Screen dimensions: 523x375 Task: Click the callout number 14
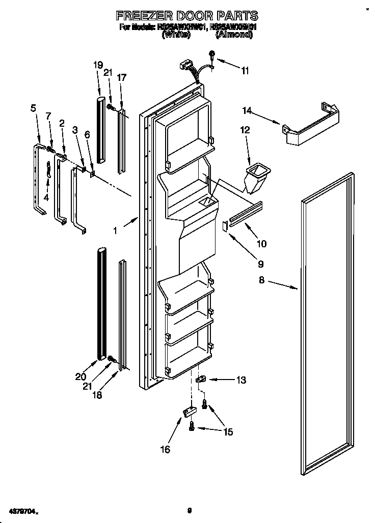pyautogui.click(x=247, y=110)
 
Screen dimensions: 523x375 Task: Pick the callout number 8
pyautogui.click(x=261, y=279)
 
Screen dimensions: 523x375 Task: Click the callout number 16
pyautogui.click(x=165, y=449)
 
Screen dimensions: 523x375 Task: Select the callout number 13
pyautogui.click(x=241, y=380)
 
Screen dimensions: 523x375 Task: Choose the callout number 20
pyautogui.click(x=81, y=377)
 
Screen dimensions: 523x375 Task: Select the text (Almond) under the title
pyautogui.click(x=234, y=36)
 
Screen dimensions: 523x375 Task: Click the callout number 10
pyautogui.click(x=261, y=244)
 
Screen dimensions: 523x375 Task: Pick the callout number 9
pyautogui.click(x=260, y=264)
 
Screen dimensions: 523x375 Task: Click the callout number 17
pyautogui.click(x=121, y=78)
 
